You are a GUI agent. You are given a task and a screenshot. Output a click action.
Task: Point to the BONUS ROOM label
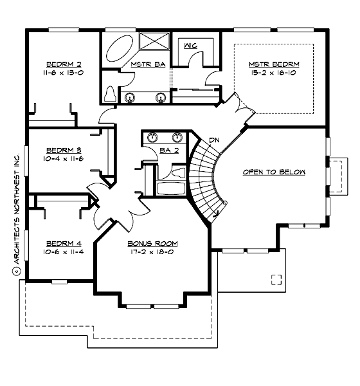(x=152, y=243)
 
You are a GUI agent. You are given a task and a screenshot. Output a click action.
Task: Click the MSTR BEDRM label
(x=274, y=64)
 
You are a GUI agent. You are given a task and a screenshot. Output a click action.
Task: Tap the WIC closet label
(x=190, y=46)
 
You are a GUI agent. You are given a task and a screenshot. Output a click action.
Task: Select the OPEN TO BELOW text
(x=274, y=172)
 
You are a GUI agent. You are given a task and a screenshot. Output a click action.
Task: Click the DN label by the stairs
(x=214, y=140)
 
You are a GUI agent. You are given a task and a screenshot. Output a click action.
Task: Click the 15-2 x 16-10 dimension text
(x=274, y=73)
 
